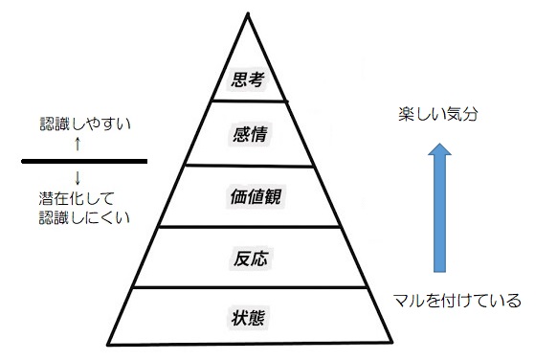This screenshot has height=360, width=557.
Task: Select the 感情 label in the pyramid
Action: (248, 131)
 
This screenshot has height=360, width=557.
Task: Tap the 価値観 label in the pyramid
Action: (248, 196)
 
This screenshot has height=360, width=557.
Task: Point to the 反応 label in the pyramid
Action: (248, 257)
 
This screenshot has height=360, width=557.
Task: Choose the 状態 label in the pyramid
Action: (248, 315)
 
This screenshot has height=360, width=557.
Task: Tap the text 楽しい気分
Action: (437, 114)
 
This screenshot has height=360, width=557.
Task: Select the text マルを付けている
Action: (457, 301)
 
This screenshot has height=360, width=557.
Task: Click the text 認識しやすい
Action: (77, 124)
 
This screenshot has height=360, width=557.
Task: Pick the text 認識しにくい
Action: (78, 217)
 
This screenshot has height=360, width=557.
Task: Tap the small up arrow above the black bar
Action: (77, 145)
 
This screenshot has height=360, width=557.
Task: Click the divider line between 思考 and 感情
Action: (248, 100)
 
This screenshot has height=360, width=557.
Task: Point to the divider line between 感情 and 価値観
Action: (248, 164)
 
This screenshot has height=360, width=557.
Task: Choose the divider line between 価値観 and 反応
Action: (248, 227)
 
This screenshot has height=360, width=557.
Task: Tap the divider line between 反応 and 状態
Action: (248, 286)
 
